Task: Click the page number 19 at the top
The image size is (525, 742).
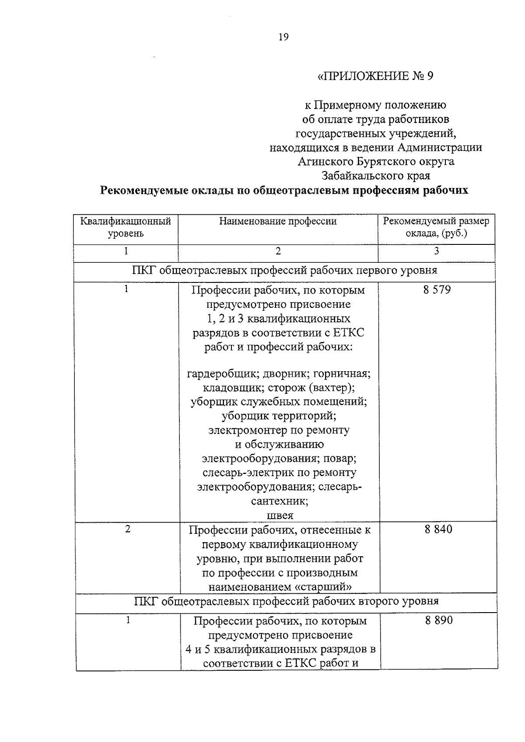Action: tap(283, 37)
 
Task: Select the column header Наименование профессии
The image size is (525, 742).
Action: tap(278, 221)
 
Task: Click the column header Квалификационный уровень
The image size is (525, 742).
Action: tap(126, 227)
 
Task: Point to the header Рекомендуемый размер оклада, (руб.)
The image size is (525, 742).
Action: tap(436, 227)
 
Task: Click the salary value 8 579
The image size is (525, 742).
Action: tap(437, 290)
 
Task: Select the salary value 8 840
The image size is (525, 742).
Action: tap(438, 530)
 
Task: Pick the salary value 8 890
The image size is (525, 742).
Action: tap(438, 620)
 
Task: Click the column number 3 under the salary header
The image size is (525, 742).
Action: tap(436, 251)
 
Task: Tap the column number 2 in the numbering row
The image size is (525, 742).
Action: tap(278, 251)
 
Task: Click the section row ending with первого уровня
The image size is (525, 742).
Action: tap(284, 270)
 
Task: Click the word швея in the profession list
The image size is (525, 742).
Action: tap(280, 516)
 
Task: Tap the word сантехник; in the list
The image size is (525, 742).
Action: tap(280, 501)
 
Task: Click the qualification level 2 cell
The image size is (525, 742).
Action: tap(127, 529)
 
